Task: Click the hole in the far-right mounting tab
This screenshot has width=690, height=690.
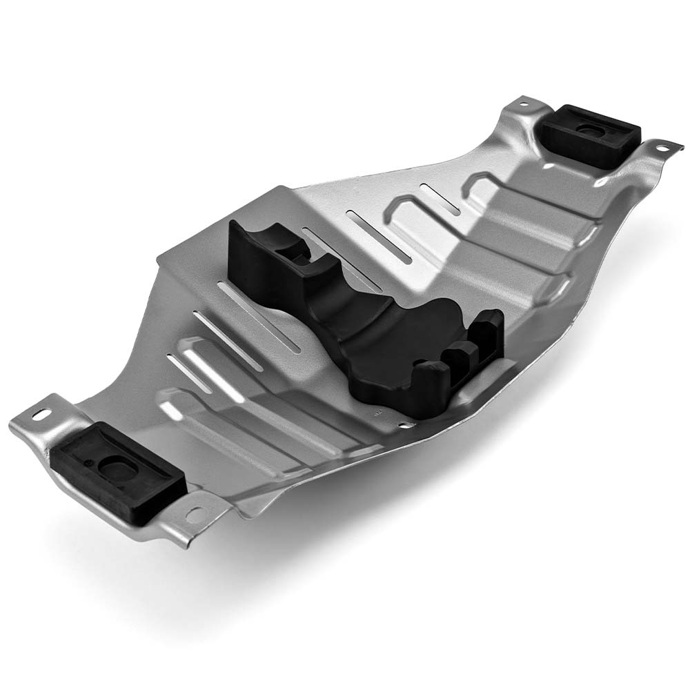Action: click(x=660, y=147)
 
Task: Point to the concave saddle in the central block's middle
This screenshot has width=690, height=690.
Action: click(x=359, y=324)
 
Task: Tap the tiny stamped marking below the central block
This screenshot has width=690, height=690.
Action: click(x=377, y=415)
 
